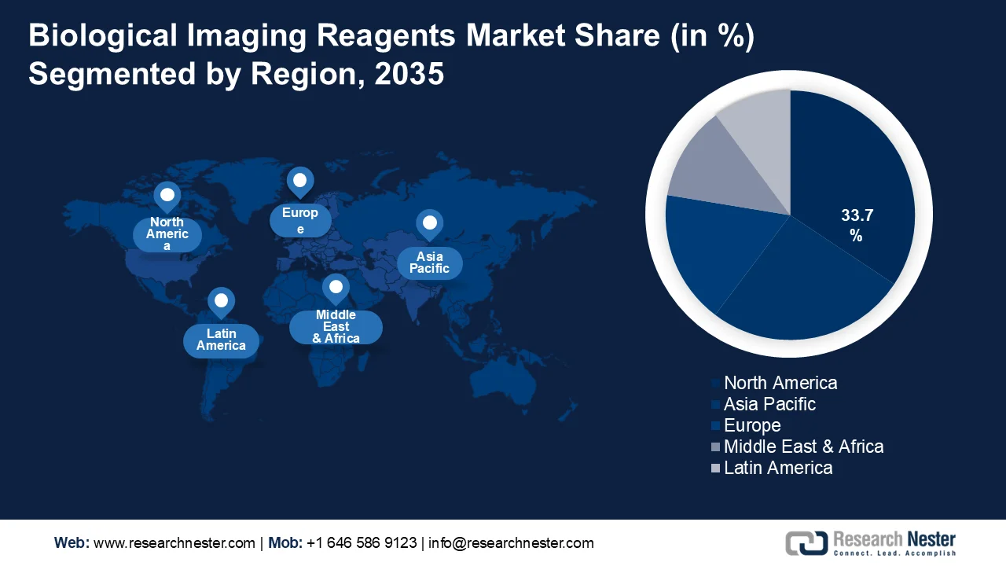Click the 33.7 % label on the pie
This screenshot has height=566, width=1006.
pyautogui.click(x=856, y=225)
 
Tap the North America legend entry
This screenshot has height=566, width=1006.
pyautogui.click(x=780, y=383)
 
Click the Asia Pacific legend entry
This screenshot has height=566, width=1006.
pyautogui.click(x=769, y=404)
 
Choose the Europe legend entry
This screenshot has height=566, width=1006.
pyautogui.click(x=751, y=425)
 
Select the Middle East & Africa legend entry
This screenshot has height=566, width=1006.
pyautogui.click(x=803, y=447)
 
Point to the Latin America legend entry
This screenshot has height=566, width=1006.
pyautogui.click(x=777, y=468)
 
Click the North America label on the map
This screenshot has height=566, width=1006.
pyautogui.click(x=167, y=234)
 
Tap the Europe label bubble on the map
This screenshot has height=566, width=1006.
pyautogui.click(x=300, y=220)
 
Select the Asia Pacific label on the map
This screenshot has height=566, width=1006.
pyautogui.click(x=430, y=263)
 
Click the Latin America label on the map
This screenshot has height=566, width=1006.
pyautogui.click(x=221, y=340)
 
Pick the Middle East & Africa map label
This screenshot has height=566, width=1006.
pyautogui.click(x=336, y=326)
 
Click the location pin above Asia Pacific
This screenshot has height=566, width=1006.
pyautogui.click(x=429, y=225)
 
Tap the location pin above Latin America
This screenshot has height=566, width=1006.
pyautogui.click(x=221, y=301)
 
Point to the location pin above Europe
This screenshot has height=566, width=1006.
pyautogui.click(x=299, y=182)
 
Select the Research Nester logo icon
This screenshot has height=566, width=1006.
pyautogui.click(x=806, y=542)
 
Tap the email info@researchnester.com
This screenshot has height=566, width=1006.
pyautogui.click(x=511, y=543)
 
